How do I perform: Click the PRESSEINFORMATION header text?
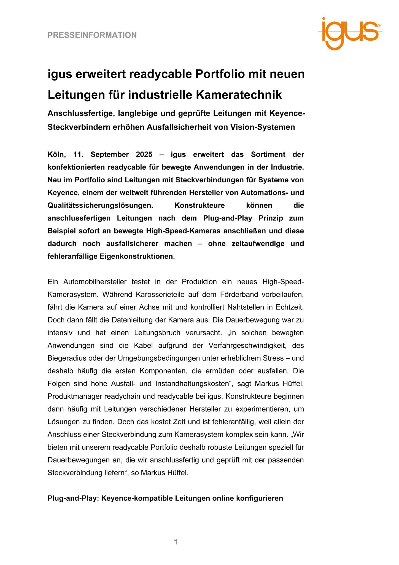(92, 35)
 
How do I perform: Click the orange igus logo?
(350, 33)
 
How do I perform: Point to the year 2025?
(144, 154)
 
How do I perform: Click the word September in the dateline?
(110, 154)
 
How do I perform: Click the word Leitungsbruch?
(157, 333)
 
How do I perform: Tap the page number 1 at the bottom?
(176, 542)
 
